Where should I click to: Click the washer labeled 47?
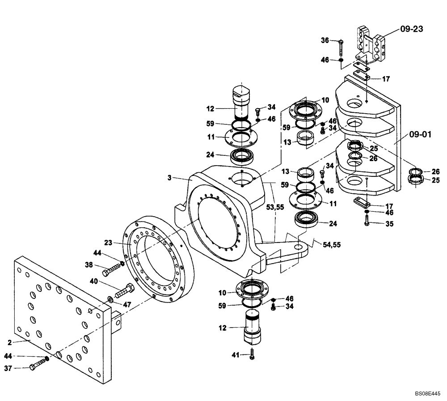[110, 299]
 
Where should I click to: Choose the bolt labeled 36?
[341, 43]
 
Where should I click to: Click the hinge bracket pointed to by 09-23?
[369, 45]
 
